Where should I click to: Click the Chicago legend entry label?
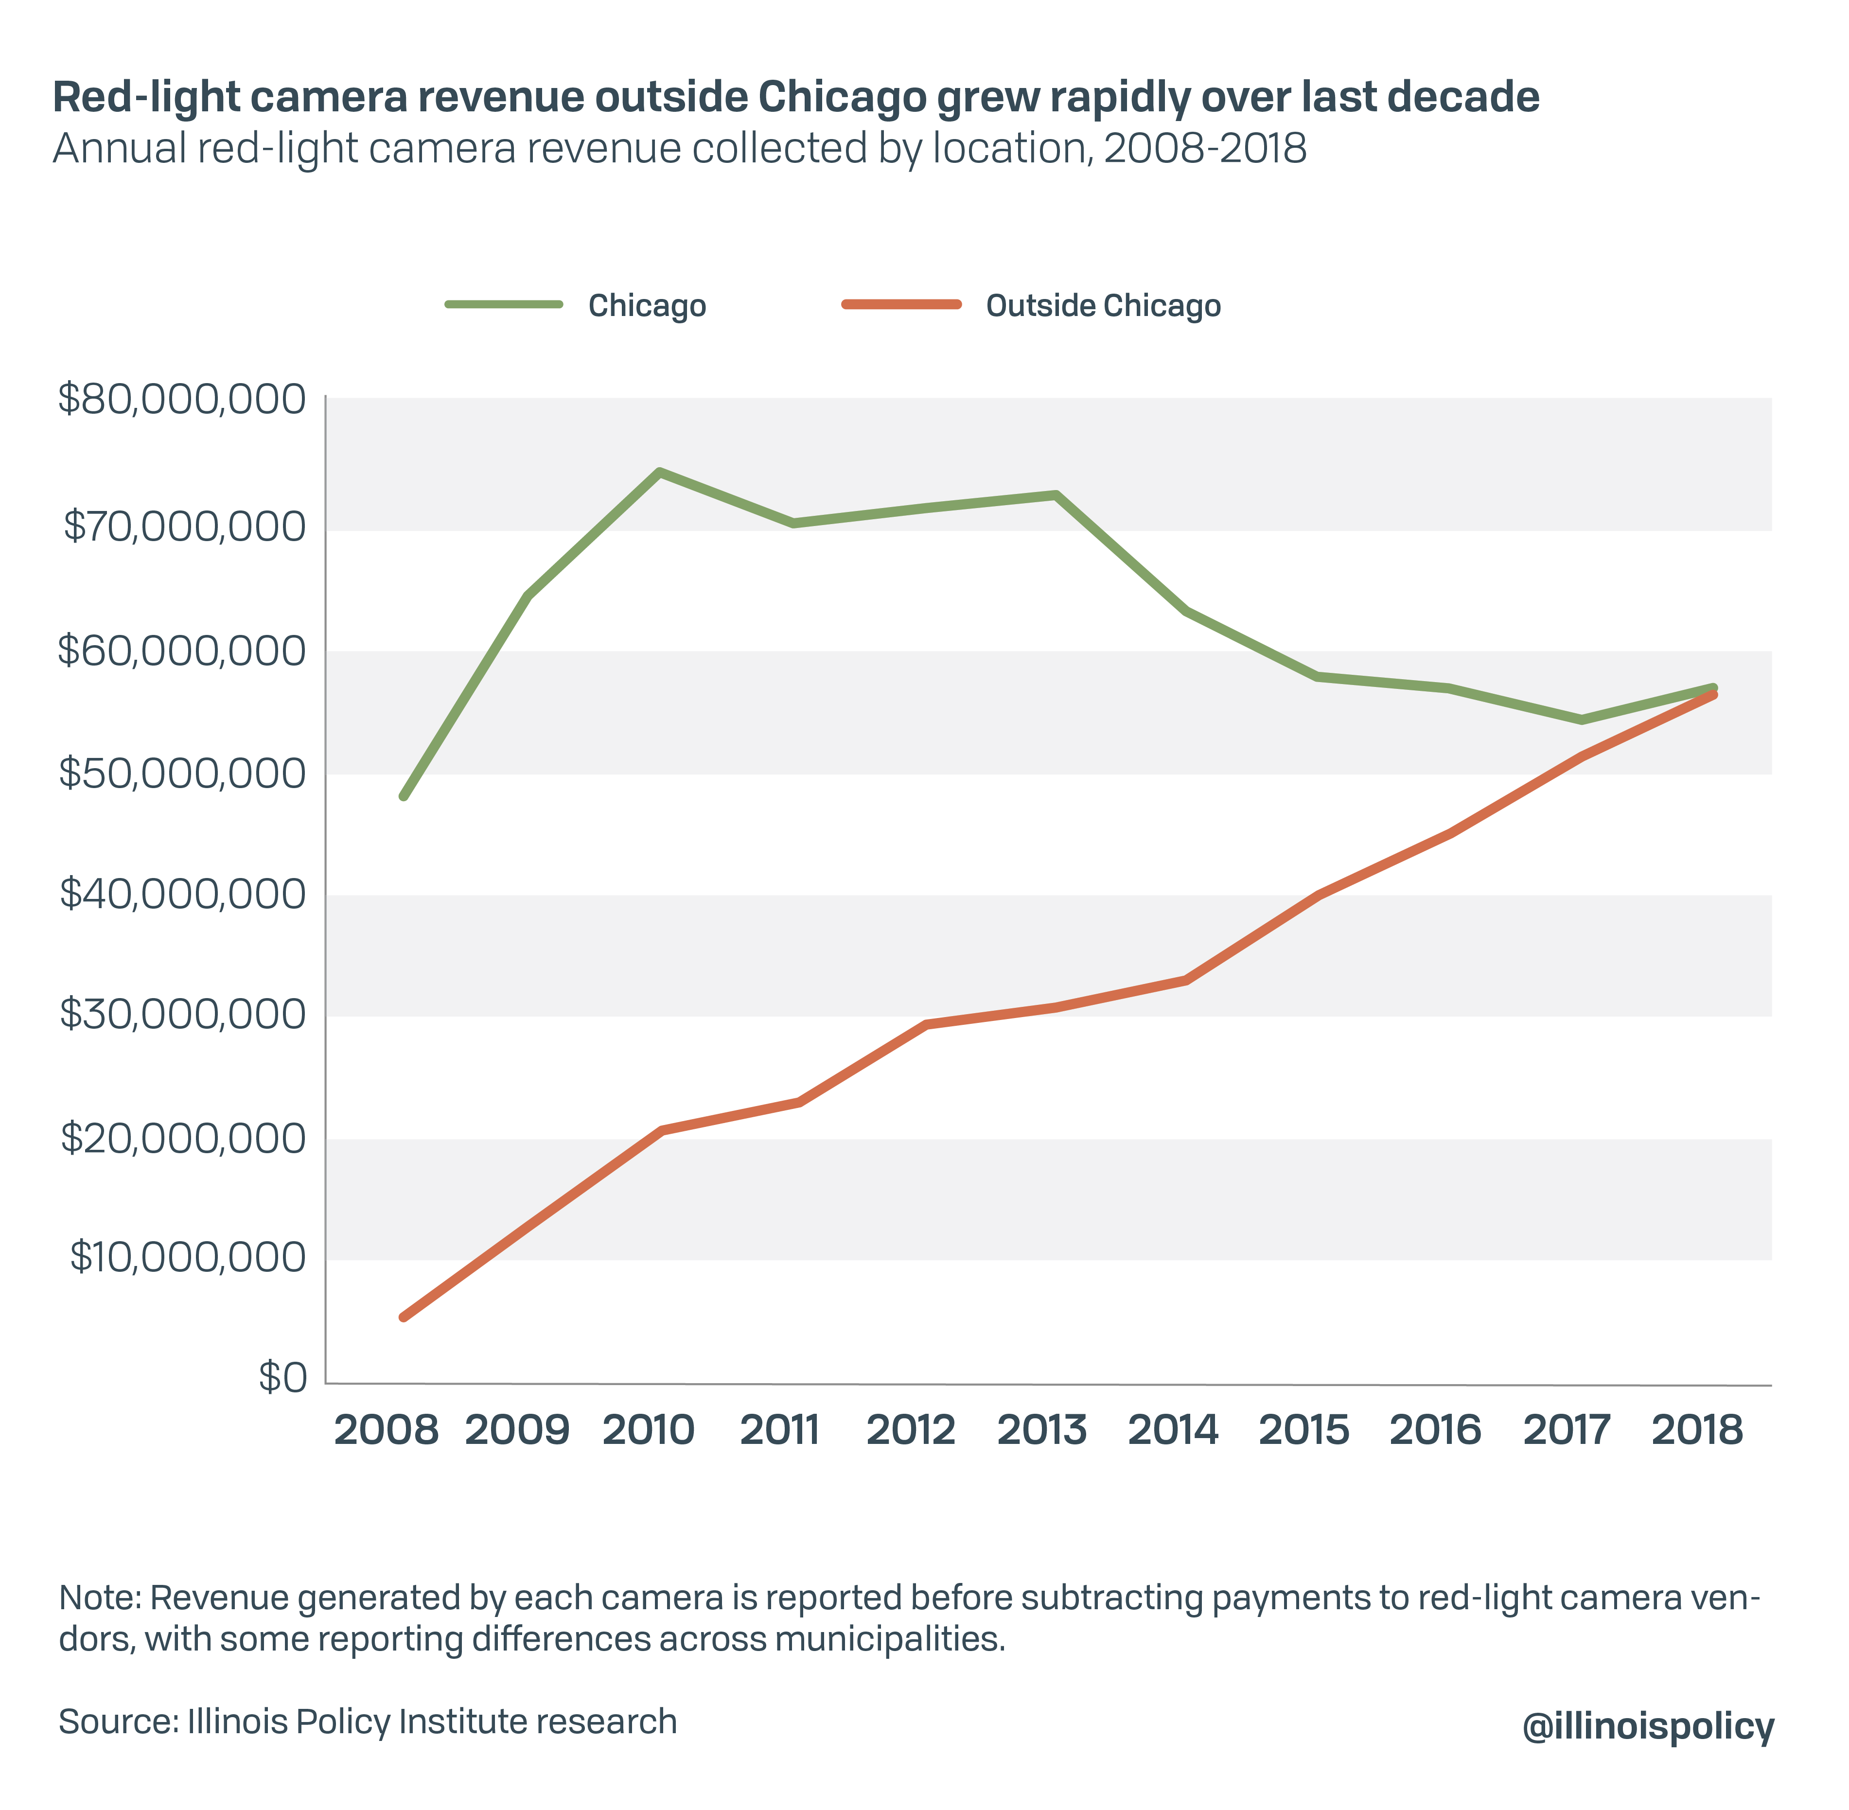point(647,306)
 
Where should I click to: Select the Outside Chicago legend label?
point(1103,306)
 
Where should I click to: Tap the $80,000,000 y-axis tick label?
point(181,399)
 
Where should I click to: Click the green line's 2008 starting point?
point(404,797)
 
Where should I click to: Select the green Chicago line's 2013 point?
point(1056,494)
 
